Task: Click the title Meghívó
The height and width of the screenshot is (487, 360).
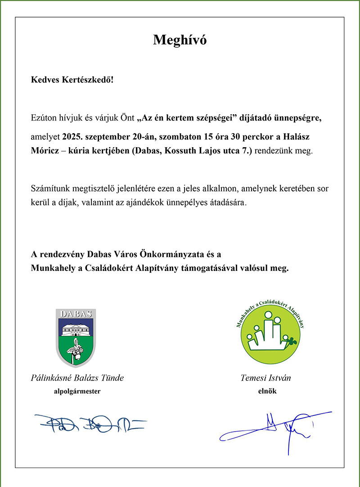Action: coord(180,40)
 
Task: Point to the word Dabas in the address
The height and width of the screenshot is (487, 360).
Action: coord(147,151)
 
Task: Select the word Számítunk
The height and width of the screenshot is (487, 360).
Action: coord(49,188)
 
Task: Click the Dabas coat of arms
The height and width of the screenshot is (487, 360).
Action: coord(76,338)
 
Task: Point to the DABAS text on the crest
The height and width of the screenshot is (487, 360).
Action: coord(76,314)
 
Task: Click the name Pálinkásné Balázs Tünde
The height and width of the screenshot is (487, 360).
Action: coord(77,378)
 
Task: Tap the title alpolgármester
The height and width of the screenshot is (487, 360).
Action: coord(77,392)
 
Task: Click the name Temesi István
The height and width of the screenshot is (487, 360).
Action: coord(265,378)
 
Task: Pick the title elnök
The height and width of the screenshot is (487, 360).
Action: coord(265,392)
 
